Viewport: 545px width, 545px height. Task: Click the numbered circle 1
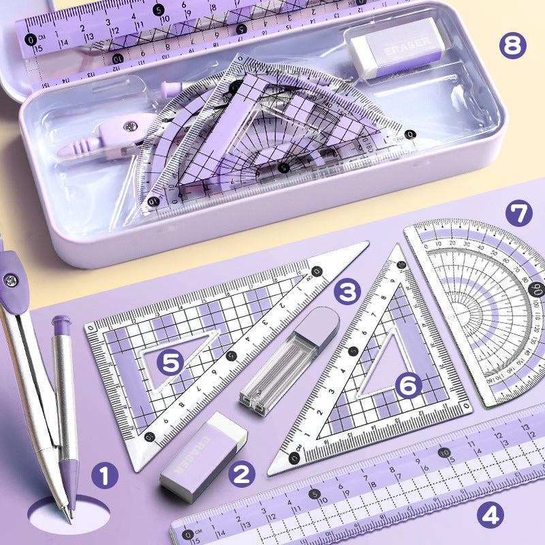click(104, 475)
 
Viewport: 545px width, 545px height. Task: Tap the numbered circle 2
click(242, 473)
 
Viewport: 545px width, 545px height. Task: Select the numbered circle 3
click(347, 292)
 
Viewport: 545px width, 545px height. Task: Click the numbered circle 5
click(170, 362)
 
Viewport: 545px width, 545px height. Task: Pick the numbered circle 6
click(408, 386)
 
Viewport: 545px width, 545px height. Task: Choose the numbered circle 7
click(519, 214)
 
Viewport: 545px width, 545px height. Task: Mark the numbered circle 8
click(513, 46)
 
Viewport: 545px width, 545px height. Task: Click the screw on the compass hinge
click(11, 279)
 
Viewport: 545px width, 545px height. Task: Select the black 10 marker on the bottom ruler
click(444, 452)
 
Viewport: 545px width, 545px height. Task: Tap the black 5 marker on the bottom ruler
click(314, 494)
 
